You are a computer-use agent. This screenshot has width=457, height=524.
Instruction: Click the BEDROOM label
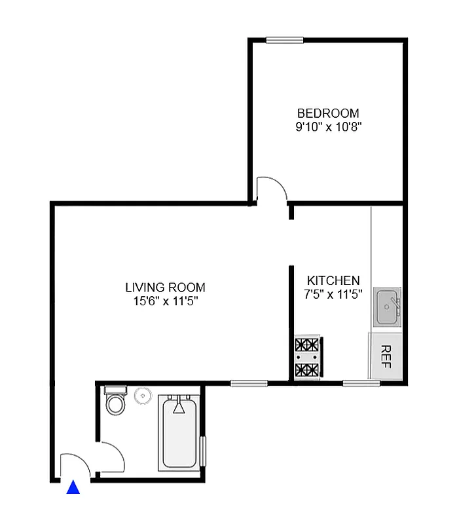click(x=328, y=113)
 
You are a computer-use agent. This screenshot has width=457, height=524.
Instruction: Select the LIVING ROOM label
click(x=165, y=288)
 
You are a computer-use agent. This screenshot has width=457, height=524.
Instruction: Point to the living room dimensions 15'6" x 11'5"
click(x=165, y=301)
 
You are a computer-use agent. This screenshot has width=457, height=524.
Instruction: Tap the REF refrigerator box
click(x=385, y=356)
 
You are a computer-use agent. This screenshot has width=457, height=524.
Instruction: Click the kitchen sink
click(x=388, y=307)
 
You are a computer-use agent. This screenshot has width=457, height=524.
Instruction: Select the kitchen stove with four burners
click(x=308, y=358)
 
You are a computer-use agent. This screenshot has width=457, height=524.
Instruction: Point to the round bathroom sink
click(x=143, y=396)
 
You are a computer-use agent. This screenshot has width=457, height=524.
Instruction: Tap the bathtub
click(x=179, y=432)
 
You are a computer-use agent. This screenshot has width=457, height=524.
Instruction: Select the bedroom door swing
click(x=271, y=189)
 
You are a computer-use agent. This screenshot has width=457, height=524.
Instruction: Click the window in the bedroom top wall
click(x=284, y=40)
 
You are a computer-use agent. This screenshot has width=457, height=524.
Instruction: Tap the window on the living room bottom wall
click(x=248, y=383)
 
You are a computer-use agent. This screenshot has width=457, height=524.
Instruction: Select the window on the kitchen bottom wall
click(x=361, y=383)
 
